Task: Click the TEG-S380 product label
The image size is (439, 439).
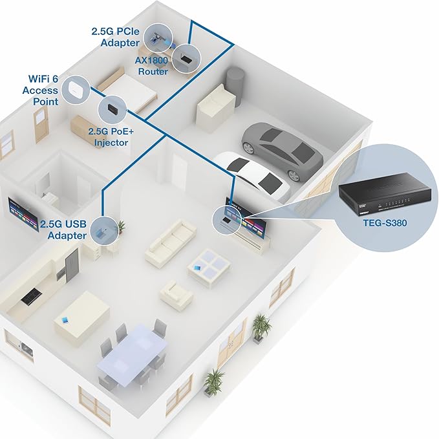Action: (385, 223)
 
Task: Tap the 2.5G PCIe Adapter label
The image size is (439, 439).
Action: (115, 37)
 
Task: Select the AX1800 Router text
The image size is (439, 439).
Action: (152, 66)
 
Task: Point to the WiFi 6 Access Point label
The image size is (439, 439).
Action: (41, 90)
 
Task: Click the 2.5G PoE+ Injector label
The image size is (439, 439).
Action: (111, 137)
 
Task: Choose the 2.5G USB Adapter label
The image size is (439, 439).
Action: (63, 230)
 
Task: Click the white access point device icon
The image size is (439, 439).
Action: (76, 89)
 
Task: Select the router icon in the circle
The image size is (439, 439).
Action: (186, 59)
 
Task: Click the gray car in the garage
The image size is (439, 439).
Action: (282, 150)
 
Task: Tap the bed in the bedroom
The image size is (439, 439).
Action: (127, 86)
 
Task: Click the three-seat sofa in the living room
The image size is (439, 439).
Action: (171, 242)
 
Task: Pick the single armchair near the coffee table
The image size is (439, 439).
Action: (177, 295)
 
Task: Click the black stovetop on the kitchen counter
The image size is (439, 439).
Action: (31, 296)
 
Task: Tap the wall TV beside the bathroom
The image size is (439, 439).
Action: (23, 215)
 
